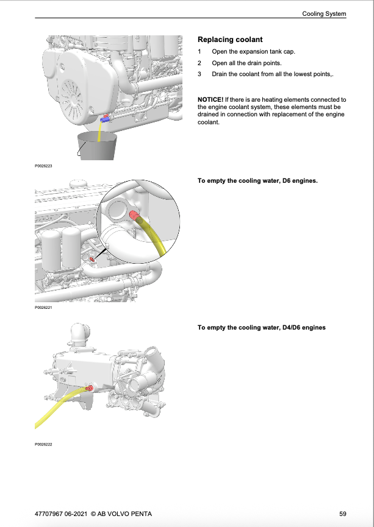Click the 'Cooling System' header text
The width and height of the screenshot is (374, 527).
pos(324,13)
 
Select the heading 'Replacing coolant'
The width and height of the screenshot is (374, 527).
pos(230,40)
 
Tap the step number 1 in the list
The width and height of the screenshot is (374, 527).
pos(200,52)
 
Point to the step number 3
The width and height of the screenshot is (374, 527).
pos(200,74)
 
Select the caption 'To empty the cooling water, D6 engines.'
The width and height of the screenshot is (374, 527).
pos(257,181)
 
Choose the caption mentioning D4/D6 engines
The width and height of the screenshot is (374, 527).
pos(261,327)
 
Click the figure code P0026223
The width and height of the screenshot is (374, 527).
pos(43,165)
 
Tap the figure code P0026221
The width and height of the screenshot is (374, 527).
pos(43,308)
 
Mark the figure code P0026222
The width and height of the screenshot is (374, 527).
pos(43,444)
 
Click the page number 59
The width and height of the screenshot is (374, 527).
pos(343,514)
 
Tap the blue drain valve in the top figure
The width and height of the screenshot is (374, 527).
pos(106,119)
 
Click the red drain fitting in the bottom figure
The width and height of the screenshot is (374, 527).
pos(90,387)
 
